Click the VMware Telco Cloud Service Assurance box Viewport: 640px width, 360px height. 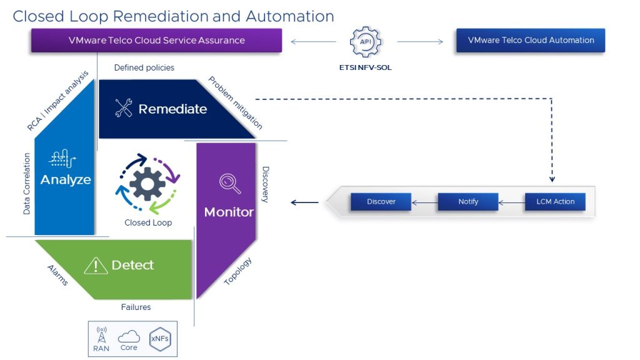(156, 41)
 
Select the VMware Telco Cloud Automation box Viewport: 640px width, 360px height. (531, 41)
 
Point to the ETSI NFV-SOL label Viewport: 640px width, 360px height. (365, 67)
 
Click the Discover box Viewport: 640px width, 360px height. (381, 202)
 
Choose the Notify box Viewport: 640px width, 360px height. (468, 202)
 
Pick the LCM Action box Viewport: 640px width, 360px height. (555, 202)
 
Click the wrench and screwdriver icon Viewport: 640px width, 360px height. (124, 109)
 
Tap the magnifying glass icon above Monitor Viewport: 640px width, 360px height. (229, 183)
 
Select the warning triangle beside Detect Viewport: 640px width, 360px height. (95, 266)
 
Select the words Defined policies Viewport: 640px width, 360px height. (144, 67)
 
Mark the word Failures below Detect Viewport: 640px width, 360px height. (136, 307)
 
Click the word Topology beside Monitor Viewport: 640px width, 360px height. (238, 271)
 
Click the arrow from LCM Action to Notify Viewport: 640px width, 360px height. (512, 202)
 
